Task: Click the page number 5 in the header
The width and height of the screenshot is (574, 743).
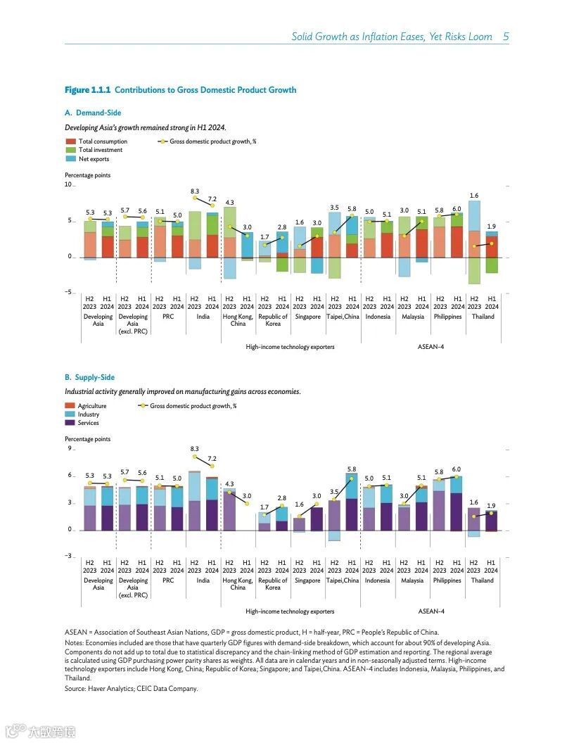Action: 506,37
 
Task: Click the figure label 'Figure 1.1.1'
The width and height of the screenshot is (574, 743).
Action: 87,90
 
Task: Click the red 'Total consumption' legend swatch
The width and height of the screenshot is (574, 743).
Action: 70,141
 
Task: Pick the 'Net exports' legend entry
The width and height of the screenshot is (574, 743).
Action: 93,158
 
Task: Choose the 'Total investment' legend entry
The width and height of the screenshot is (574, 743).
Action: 100,150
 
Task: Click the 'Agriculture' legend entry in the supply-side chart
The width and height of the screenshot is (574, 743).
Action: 92,406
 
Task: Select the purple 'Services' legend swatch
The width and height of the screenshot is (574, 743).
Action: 70,423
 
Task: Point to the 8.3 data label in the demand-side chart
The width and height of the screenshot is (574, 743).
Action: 195,191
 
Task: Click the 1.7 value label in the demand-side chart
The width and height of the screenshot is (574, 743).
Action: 264,237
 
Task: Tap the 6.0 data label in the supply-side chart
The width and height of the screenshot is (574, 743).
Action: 457,469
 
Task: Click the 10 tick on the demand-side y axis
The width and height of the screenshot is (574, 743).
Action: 68,185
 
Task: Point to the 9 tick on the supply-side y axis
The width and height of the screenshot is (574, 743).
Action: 70,449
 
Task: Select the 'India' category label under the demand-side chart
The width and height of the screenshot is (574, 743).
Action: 203,317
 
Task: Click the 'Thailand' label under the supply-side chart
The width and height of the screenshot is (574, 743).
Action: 483,580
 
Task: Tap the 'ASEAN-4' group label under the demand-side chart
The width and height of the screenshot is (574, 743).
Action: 431,347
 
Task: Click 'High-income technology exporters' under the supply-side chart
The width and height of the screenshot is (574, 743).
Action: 290,611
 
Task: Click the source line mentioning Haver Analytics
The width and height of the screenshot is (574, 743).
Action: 132,689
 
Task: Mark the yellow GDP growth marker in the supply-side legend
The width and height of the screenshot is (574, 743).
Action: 143,406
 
